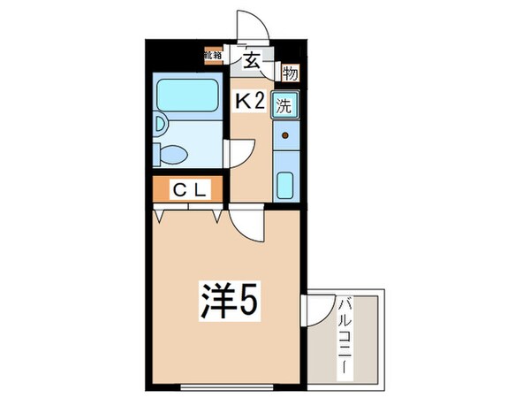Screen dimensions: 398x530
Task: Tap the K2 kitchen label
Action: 250,103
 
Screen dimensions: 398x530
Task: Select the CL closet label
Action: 189,188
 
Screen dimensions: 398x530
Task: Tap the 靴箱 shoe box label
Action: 213,57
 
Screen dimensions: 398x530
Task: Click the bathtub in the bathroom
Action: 187,93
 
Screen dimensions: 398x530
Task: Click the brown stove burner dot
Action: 286,136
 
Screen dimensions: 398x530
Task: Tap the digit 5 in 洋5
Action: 248,302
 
